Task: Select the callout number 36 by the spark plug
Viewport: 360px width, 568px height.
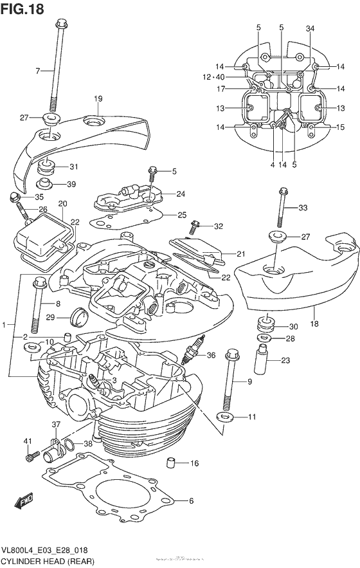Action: tap(210, 355)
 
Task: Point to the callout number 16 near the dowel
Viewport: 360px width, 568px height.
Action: tap(194, 463)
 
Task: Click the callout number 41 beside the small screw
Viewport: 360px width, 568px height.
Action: tap(28, 441)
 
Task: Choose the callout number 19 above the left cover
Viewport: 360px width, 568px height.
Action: tap(98, 98)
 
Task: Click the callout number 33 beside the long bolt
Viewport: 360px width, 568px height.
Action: tap(303, 207)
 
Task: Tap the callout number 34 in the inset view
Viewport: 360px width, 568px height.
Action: tap(310, 28)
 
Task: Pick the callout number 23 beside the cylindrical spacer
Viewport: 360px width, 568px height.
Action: tap(285, 360)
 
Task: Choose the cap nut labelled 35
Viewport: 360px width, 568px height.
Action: tap(14, 196)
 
